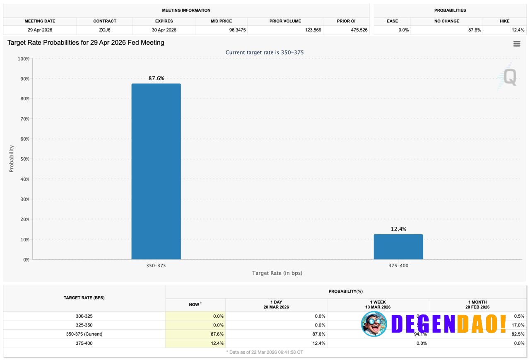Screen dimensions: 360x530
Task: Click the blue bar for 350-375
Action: pos(156,171)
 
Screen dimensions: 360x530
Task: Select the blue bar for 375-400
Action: pos(398,247)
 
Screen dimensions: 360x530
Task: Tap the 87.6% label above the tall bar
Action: pos(156,78)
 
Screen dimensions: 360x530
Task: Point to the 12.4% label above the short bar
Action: pos(398,229)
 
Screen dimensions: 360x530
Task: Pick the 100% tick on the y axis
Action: pos(22,59)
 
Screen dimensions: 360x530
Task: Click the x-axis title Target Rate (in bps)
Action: pos(277,273)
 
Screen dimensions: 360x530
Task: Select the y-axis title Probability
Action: pos(12,158)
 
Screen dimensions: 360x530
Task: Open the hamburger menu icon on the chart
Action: pos(517,44)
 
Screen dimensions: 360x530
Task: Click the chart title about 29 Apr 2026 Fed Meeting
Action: pos(86,43)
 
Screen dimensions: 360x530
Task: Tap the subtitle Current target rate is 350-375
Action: pos(265,53)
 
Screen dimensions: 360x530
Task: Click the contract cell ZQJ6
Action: pos(105,30)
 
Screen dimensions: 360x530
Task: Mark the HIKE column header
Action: pos(504,21)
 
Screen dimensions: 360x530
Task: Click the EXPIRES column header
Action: pos(164,21)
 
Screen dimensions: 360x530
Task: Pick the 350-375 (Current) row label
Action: pos(84,334)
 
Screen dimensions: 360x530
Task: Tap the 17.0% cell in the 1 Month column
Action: pos(518,325)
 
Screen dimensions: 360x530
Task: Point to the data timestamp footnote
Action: pos(265,352)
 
